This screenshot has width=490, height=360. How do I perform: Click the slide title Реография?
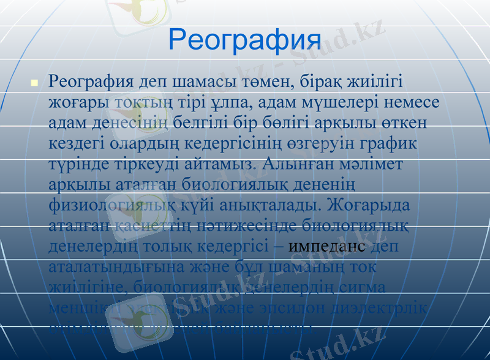coord(244,39)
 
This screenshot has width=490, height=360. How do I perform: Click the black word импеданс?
coord(326,246)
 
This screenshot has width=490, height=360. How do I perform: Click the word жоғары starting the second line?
coord(77,102)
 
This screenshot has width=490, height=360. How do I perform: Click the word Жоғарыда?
coord(370,205)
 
